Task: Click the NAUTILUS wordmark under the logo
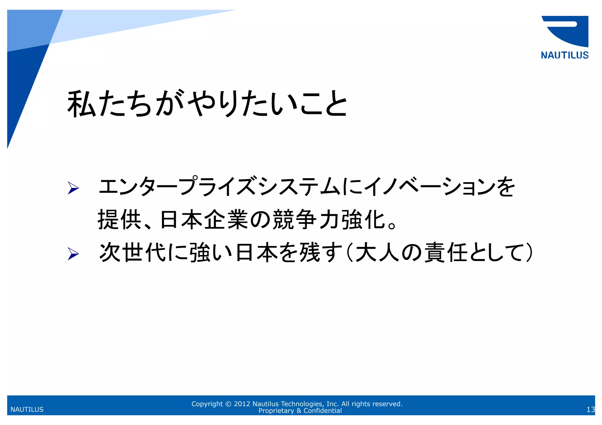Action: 564,55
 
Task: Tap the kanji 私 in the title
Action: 81,104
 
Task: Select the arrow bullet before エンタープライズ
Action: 73,188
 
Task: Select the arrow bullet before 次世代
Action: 73,253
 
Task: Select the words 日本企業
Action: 203,220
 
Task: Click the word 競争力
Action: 306,220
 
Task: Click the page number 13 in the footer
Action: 590,409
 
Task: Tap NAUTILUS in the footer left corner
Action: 27,409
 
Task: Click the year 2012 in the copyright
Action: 242,404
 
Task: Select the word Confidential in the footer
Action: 322,411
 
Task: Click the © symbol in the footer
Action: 228,404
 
